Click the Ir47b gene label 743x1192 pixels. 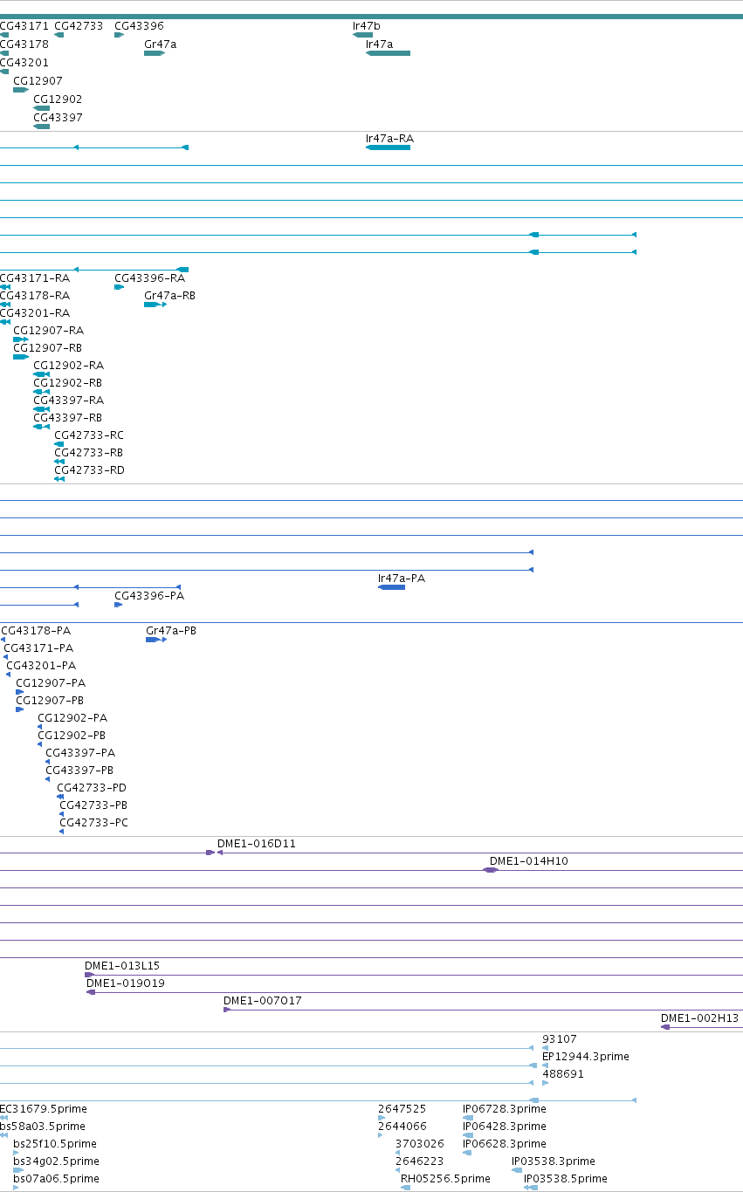tap(366, 26)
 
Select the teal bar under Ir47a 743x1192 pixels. tap(388, 53)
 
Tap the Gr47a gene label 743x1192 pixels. tap(160, 45)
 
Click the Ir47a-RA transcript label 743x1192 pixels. tap(389, 139)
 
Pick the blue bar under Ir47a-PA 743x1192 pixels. tap(391, 587)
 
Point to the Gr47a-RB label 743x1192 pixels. tap(169, 295)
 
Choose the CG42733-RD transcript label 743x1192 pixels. tap(89, 469)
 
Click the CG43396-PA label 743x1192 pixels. tap(149, 595)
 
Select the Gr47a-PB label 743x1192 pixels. tap(171, 631)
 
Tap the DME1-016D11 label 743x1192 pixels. tap(256, 844)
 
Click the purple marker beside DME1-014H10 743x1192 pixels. tap(490, 870)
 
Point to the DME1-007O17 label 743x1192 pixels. tap(262, 1000)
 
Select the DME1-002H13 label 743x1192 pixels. tap(699, 1018)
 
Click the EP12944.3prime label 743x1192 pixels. tap(585, 1056)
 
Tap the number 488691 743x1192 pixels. tap(562, 1074)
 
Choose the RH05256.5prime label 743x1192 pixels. tap(445, 1179)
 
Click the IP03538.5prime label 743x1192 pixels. tap(565, 1179)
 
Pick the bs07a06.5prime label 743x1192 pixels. tap(56, 1179)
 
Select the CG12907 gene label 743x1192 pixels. tap(38, 81)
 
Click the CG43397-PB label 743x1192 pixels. tap(79, 770)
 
